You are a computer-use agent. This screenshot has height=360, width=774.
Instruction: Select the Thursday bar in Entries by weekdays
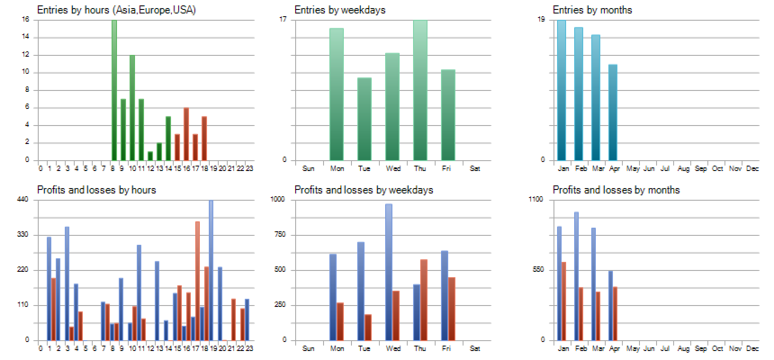(420, 90)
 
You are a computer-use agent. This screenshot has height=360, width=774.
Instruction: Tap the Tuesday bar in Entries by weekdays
(364, 119)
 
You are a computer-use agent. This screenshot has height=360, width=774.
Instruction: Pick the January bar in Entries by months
(562, 90)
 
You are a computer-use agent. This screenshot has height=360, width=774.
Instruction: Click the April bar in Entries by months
(613, 112)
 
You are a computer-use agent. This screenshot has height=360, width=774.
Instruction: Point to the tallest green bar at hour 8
(114, 90)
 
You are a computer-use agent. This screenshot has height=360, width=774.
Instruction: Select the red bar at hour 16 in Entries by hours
(186, 134)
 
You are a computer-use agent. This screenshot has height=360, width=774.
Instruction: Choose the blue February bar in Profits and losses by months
(576, 275)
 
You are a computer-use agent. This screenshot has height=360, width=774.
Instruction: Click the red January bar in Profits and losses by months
(564, 301)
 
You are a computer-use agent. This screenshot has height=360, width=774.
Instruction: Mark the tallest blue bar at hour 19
(211, 270)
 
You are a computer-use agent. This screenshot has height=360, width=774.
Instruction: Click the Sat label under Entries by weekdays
(475, 168)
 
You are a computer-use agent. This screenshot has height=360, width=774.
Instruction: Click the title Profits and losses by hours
(97, 190)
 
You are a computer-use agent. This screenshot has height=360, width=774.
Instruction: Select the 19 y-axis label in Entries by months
(542, 20)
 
